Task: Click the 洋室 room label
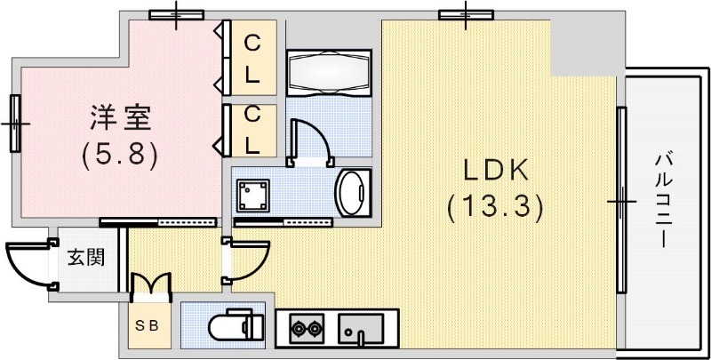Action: coord(119,118)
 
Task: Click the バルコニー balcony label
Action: coord(663,200)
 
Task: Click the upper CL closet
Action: coord(252,58)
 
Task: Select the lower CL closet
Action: coord(252,129)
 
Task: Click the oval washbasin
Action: coord(353,190)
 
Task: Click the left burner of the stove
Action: coord(297,332)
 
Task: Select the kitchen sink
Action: coord(362,330)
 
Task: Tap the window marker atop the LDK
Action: coord(467,13)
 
